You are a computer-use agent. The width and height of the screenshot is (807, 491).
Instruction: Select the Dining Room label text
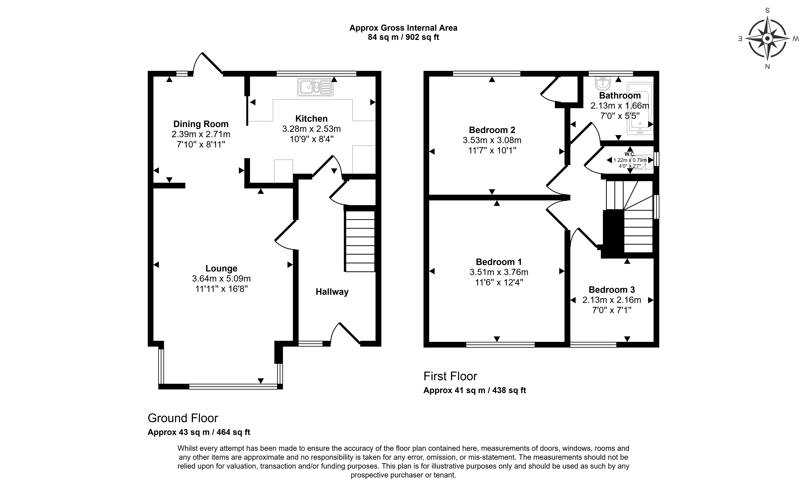click(201, 124)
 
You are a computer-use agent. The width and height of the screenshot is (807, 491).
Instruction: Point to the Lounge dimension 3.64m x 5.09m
click(221, 279)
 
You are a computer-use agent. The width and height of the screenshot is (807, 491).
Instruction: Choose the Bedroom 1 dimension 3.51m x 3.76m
click(499, 272)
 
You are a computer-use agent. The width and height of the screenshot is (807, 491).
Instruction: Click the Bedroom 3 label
click(611, 290)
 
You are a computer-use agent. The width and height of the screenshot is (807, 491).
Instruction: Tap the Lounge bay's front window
click(233, 387)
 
